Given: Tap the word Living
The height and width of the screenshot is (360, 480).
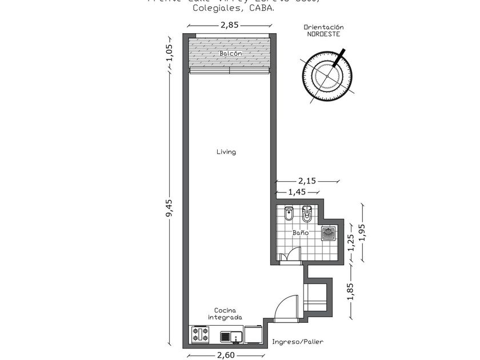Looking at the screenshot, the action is pyautogui.click(x=226, y=152).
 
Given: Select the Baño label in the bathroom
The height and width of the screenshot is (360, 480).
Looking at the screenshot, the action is pyautogui.click(x=301, y=233).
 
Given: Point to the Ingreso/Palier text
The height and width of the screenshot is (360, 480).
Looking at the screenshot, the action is pyautogui.click(x=297, y=342).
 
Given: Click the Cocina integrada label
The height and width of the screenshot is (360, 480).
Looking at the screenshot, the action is pyautogui.click(x=225, y=314).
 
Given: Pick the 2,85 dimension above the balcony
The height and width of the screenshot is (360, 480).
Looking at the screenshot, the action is pyautogui.click(x=229, y=25).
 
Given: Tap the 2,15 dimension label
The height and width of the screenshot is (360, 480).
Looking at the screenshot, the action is pyautogui.click(x=307, y=181).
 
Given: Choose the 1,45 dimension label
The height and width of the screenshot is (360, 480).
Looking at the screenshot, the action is pyautogui.click(x=297, y=192).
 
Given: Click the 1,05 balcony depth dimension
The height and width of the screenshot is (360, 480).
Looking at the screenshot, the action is pyautogui.click(x=169, y=53).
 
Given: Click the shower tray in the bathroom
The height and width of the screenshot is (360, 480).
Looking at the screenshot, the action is pyautogui.click(x=328, y=233).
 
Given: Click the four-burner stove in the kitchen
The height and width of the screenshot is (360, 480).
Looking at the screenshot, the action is pyautogui.click(x=200, y=334).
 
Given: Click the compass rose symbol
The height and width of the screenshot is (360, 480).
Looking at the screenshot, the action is pyautogui.click(x=328, y=75).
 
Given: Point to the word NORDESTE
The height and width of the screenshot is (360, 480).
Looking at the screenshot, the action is pyautogui.click(x=323, y=34).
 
